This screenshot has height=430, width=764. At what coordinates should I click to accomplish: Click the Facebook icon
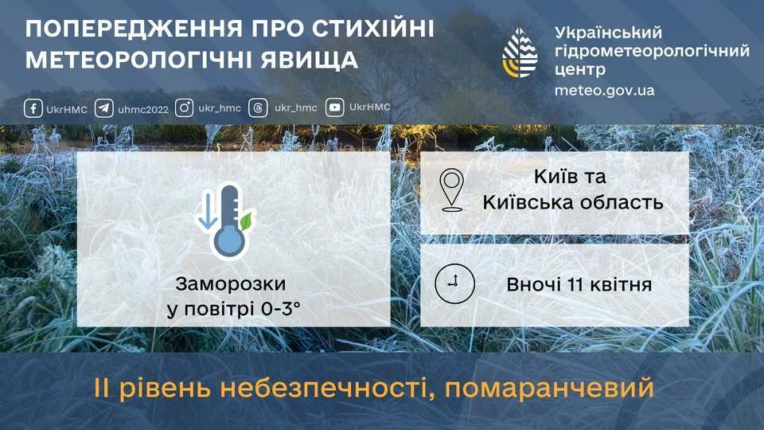[33, 107]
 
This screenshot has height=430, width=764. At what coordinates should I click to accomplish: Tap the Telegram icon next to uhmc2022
[103, 108]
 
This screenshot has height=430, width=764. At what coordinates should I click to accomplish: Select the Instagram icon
[185, 107]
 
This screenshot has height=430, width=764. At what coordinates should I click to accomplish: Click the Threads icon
[258, 107]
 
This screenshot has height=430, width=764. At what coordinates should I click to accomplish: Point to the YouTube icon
[335, 107]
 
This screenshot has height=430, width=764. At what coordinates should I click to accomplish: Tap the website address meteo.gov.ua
[605, 90]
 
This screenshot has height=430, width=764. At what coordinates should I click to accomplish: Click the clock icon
[454, 283]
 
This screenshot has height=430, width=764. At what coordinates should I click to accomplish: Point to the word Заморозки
[230, 284]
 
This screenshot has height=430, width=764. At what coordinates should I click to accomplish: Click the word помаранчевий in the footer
[550, 389]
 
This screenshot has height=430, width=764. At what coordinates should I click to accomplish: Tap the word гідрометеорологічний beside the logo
[652, 51]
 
